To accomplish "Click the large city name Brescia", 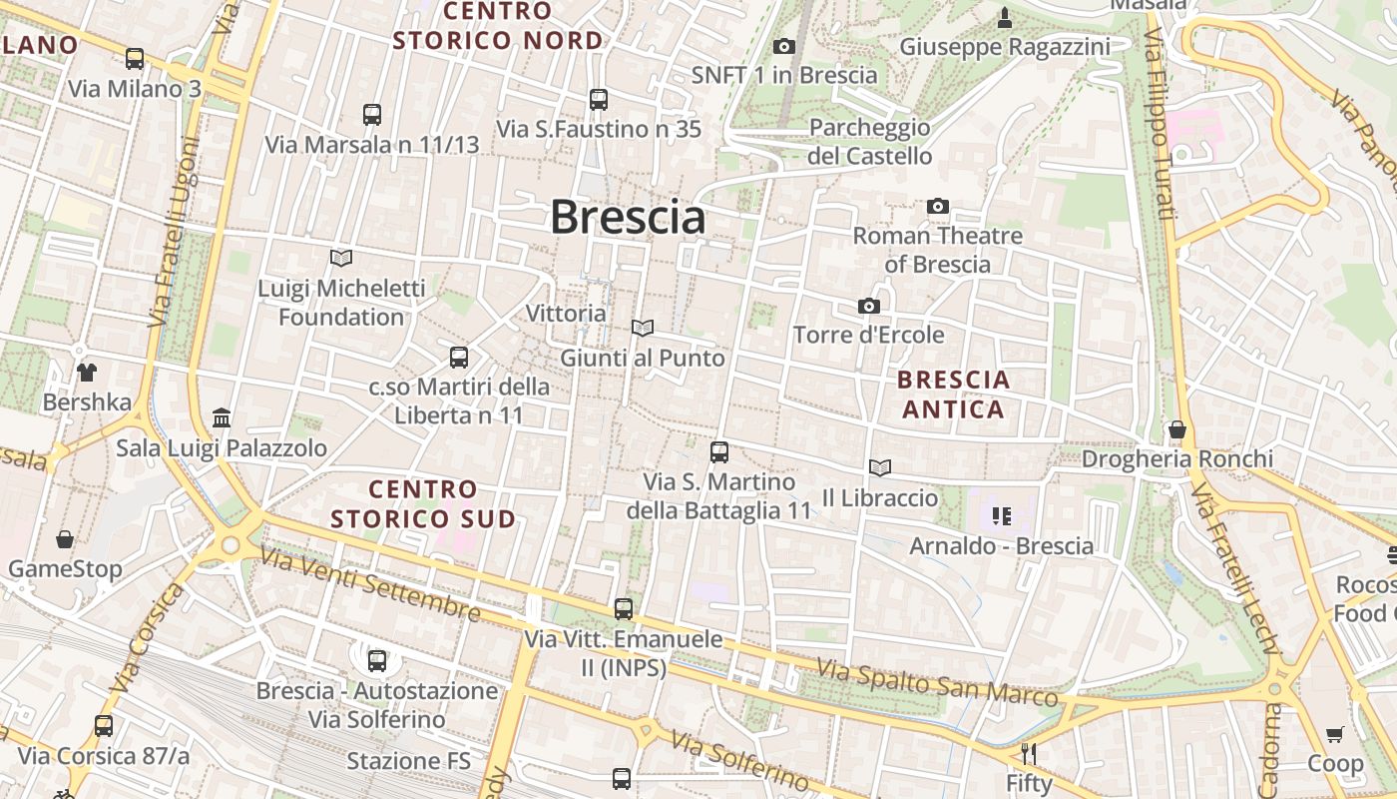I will [628, 218].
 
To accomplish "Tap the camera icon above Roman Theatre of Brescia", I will [938, 207].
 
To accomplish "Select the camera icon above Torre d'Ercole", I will [869, 306].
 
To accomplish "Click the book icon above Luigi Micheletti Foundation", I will [341, 259].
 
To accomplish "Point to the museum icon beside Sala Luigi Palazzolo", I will [222, 417].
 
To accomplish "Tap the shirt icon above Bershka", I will [87, 373].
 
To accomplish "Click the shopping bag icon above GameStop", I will [65, 540].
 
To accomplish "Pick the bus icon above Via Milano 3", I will [135, 59].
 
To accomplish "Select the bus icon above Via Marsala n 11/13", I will [372, 115].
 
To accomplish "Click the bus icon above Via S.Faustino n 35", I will [599, 100].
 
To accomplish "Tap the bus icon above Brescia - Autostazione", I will [377, 660].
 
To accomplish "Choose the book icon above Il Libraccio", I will [879, 467].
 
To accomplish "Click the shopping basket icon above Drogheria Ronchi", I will [1177, 429].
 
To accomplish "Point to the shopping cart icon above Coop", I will [1335, 735].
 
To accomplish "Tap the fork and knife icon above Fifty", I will [1029, 753].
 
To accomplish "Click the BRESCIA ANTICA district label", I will [953, 395].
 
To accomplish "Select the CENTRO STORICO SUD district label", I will [423, 503].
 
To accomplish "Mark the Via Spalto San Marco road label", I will [937, 681].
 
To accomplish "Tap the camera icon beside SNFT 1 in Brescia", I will [784, 46].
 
